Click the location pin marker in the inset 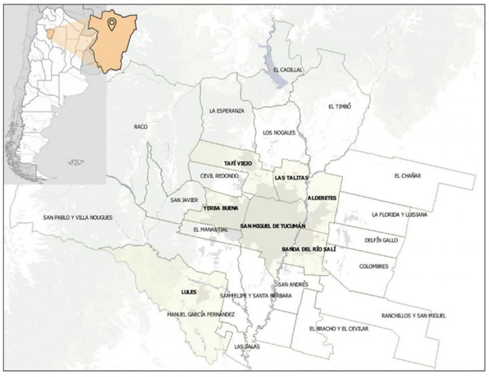pos(111,23)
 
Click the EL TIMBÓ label pos(339,106)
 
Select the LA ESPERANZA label pos(226,111)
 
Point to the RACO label pos(141,127)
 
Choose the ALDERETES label pos(322,199)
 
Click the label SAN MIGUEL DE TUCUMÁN pos(273,226)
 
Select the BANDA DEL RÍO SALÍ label pos(309,249)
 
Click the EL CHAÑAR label pos(407,176)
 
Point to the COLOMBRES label pos(374,266)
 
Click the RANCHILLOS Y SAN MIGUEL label pos(413,316)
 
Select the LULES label pos(189,292)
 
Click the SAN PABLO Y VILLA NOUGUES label pos(78,218)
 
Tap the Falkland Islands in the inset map pos(76,162)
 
